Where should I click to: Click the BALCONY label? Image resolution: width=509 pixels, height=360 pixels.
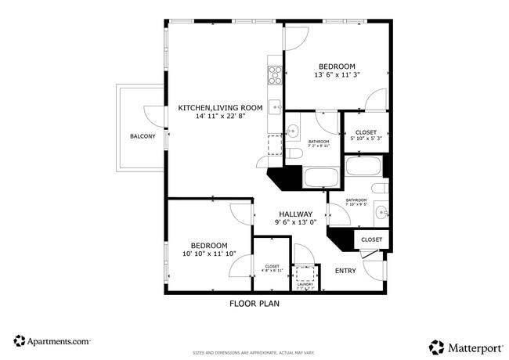click(x=143, y=137)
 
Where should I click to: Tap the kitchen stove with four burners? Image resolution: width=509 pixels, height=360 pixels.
click(x=275, y=75)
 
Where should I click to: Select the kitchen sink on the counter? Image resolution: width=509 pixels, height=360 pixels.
click(x=275, y=106)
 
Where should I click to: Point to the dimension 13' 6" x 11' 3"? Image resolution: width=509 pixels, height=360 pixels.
click(x=337, y=76)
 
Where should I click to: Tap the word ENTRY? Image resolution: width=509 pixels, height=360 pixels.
click(x=345, y=271)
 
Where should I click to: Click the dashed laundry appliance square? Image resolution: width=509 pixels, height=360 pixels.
click(x=305, y=274)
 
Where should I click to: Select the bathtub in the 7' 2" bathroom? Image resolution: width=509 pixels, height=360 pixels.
click(x=321, y=177)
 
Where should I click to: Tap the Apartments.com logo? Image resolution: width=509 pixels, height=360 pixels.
click(x=52, y=341)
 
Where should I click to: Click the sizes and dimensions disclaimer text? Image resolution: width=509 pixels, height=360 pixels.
click(x=254, y=353)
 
